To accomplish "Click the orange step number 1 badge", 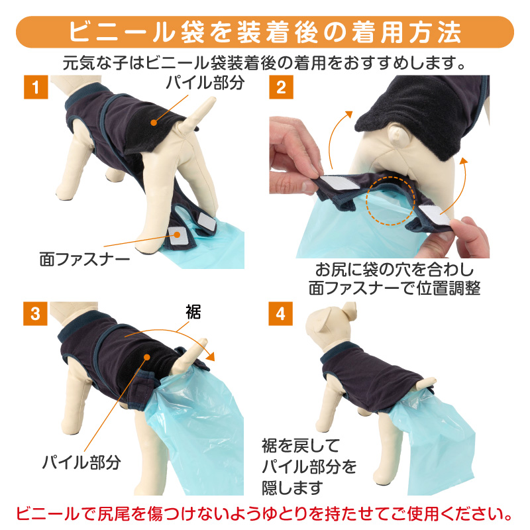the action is (36, 87).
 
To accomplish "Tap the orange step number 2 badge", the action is (281, 87).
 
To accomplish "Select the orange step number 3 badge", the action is (35, 313).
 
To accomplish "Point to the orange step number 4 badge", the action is (280, 313).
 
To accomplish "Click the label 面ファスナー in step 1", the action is (85, 260).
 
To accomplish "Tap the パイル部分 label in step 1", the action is (205, 83).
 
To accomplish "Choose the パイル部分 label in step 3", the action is (81, 462).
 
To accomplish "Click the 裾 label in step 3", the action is (193, 312).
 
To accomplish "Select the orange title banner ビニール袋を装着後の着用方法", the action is (265, 32).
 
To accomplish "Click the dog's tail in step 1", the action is (197, 115).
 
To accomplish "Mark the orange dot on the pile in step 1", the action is (154, 123).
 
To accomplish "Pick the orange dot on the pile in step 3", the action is (146, 357).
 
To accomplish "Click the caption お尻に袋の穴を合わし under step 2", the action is (394, 270).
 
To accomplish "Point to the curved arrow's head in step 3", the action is (211, 356).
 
